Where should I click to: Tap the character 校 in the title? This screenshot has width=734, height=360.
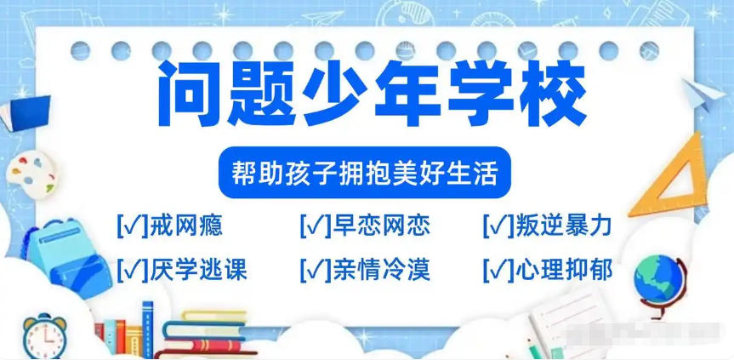tap(550, 94)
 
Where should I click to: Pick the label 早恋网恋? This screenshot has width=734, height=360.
tap(380, 226)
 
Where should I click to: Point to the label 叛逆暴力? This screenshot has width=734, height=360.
tap(563, 226)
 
